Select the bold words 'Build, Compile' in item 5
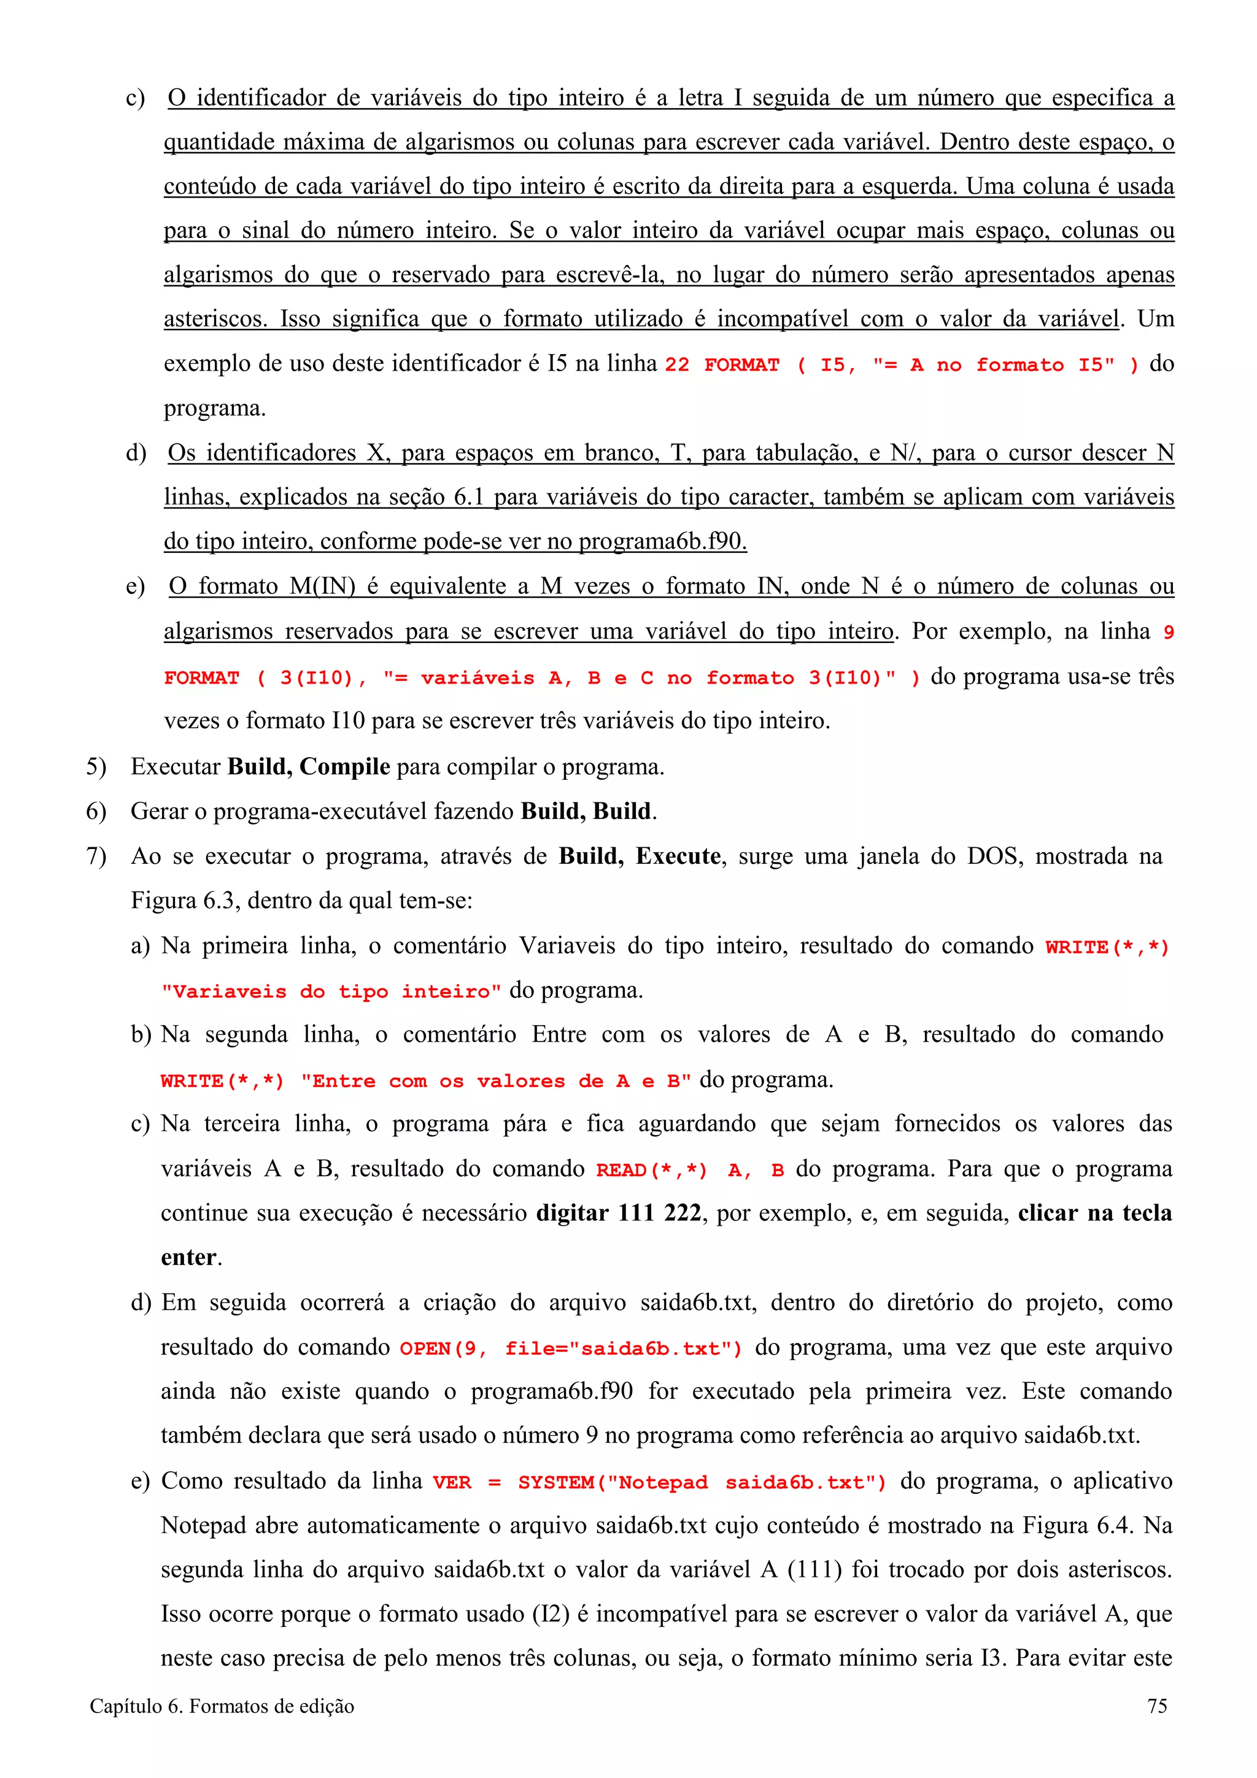(308, 767)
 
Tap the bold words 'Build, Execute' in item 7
(640, 856)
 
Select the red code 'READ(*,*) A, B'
(689, 1169)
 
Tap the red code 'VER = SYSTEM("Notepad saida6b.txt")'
(659, 1482)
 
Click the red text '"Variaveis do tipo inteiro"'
(331, 992)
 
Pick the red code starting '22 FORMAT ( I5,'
(902, 364)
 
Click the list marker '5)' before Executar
(96, 767)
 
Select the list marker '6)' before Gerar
(96, 812)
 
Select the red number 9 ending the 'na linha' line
(1168, 633)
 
